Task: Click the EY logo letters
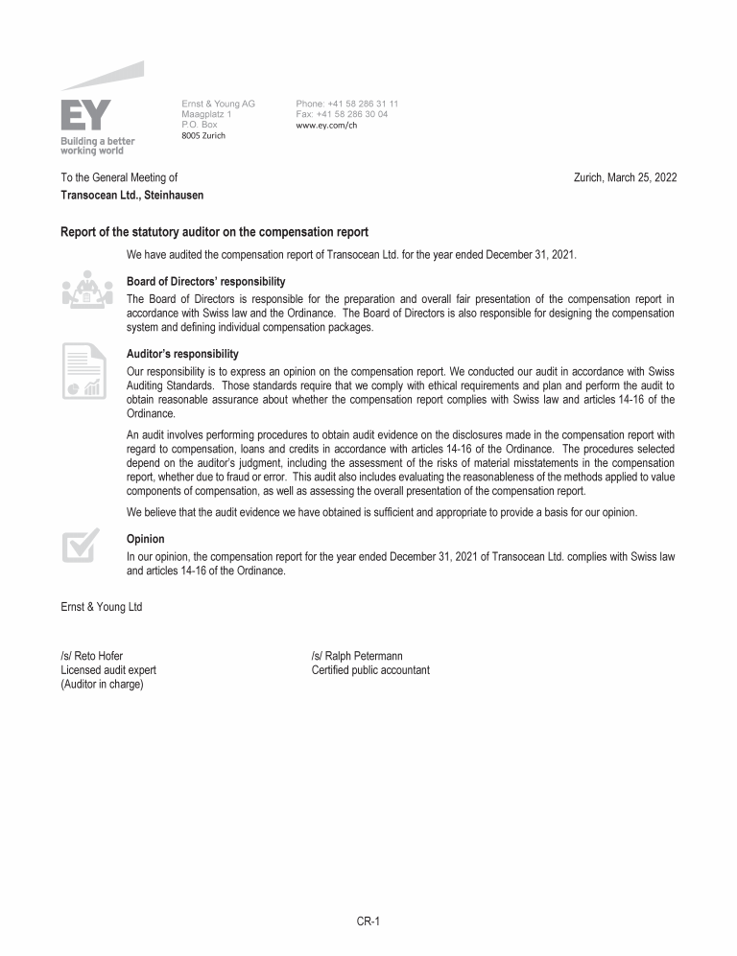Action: (x=86, y=114)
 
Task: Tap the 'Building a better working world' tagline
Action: (x=98, y=146)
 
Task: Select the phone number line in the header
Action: (x=347, y=104)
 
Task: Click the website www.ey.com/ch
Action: (x=326, y=125)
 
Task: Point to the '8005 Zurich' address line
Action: (x=203, y=135)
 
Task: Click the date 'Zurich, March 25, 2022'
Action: (x=625, y=177)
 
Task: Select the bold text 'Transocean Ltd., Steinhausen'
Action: (x=131, y=195)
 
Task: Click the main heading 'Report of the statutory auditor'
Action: (x=214, y=232)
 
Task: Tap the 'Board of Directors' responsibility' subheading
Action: (x=205, y=282)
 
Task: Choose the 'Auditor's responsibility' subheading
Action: (x=182, y=354)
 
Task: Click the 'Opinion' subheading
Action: (x=145, y=539)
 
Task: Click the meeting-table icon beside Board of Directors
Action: (x=86, y=289)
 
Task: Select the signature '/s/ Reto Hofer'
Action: (x=91, y=657)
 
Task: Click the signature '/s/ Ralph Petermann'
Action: (x=356, y=657)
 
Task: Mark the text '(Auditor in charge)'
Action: (x=102, y=684)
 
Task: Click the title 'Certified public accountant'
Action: (x=370, y=670)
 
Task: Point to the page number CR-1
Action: (x=368, y=921)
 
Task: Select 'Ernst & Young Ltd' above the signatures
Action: (x=102, y=606)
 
